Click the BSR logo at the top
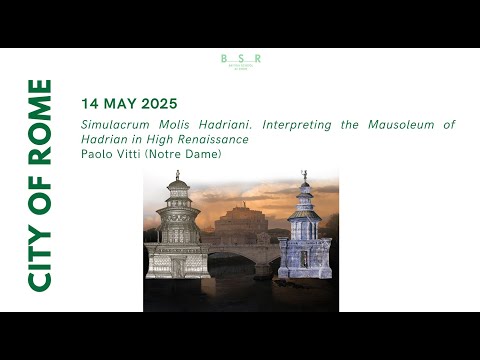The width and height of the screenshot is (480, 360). click(x=240, y=61)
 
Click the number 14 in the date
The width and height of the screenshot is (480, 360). click(x=91, y=104)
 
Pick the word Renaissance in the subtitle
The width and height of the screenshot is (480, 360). click(x=215, y=139)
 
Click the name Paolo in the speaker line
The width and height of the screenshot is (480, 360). click(x=98, y=153)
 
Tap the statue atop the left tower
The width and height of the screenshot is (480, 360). click(x=177, y=176)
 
